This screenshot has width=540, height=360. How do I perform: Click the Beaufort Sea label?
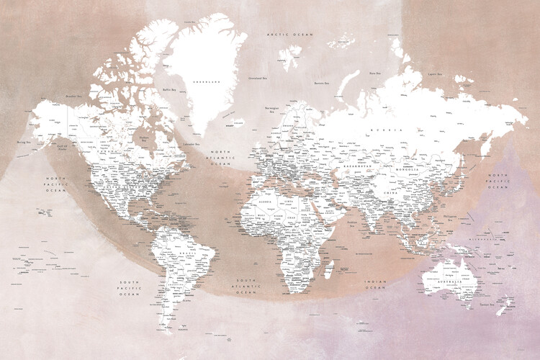pos(73,96)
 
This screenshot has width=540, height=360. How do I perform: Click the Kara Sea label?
pos(374,73)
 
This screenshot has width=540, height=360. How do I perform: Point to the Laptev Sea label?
pos(434,73)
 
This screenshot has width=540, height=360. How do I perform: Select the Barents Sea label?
pos(322,84)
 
